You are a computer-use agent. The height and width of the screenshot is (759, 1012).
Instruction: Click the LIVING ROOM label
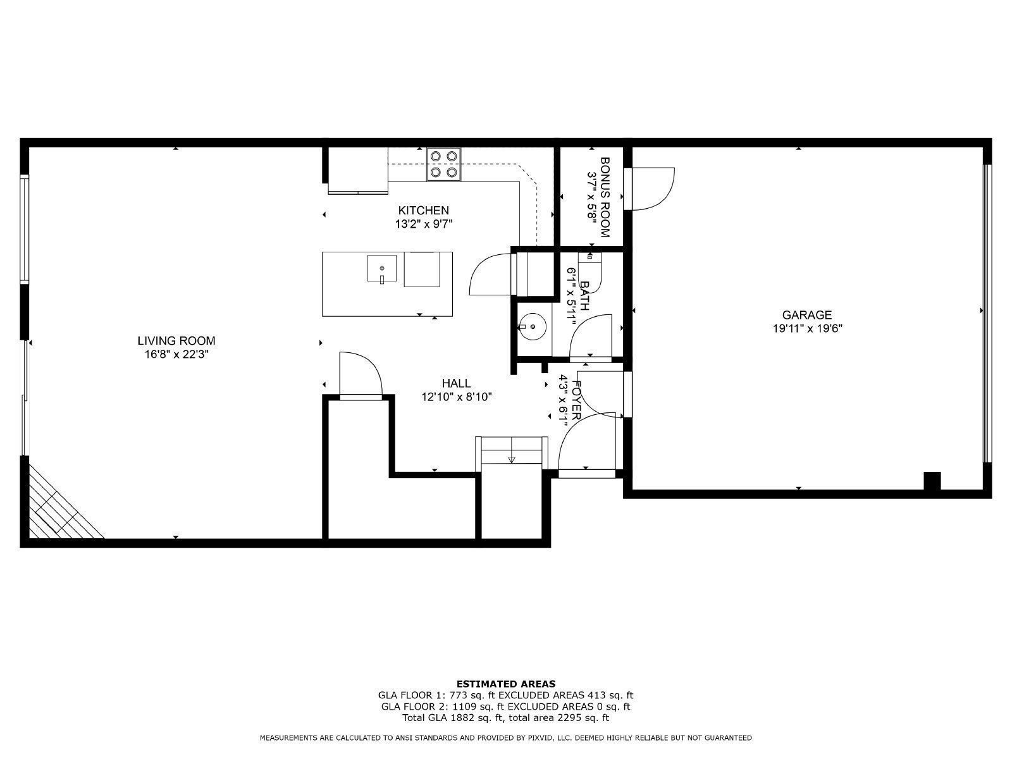[x=176, y=341]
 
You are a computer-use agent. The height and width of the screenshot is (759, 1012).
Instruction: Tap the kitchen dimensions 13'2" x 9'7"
[x=424, y=224]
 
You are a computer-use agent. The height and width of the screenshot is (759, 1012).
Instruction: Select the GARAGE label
[x=806, y=315]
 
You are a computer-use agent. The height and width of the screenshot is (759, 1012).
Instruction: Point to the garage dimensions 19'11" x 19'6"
[x=806, y=328]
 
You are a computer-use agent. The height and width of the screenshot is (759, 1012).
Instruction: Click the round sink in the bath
[x=533, y=327]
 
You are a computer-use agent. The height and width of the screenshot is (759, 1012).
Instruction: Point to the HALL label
[x=456, y=383]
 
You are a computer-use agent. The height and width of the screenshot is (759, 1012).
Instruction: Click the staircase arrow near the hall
[x=512, y=459]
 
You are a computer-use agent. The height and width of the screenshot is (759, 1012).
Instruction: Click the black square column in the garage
[x=932, y=481]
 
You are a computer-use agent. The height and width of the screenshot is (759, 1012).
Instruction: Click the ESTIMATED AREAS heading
[x=506, y=684]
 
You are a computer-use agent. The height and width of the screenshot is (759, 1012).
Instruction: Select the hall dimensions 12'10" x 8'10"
[x=456, y=397]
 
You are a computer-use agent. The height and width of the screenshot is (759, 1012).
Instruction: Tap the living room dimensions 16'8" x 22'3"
[x=176, y=355]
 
